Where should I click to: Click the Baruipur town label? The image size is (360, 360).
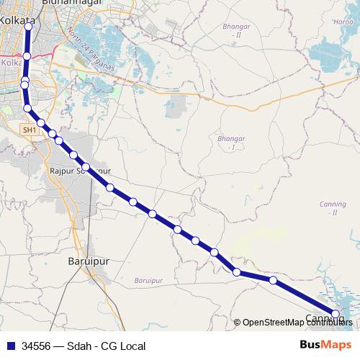pyautogui.click(x=88, y=261)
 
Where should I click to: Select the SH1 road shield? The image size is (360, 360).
pyautogui.click(x=29, y=130)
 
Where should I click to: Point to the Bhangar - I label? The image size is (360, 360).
pyautogui.click(x=227, y=142)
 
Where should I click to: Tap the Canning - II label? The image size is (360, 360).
pyautogui.click(x=333, y=208)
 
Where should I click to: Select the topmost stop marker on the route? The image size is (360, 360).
pyautogui.click(x=28, y=26)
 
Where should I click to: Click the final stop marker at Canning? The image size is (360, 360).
pyautogui.click(x=335, y=313)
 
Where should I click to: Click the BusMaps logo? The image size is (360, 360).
pyautogui.click(x=326, y=345)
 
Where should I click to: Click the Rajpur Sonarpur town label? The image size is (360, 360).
pyautogui.click(x=79, y=171)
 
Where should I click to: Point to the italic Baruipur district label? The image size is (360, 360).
pyautogui.click(x=149, y=279)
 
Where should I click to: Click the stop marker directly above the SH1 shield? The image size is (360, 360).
pyautogui.click(x=27, y=109)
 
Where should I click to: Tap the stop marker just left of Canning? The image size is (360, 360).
pyautogui.click(x=273, y=279)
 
